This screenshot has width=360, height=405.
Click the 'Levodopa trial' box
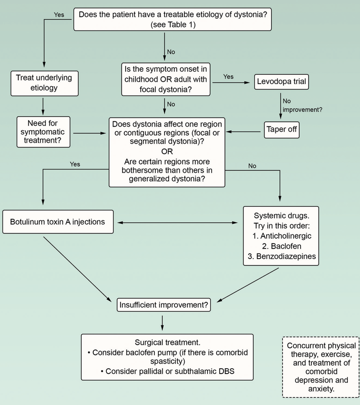click(281, 82)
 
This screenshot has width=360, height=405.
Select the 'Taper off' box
click(281, 129)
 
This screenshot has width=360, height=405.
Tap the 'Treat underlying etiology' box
click(44, 82)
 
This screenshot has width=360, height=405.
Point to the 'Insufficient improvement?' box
click(163, 305)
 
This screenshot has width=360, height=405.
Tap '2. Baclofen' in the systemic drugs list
click(281, 246)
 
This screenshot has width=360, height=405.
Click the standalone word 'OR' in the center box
click(167, 151)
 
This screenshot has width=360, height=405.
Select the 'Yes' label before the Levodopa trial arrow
click(229, 77)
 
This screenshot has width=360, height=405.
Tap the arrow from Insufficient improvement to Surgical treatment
click(162, 323)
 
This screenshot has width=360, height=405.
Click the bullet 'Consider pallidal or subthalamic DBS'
click(167, 371)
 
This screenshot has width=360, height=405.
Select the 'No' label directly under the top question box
click(171, 52)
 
